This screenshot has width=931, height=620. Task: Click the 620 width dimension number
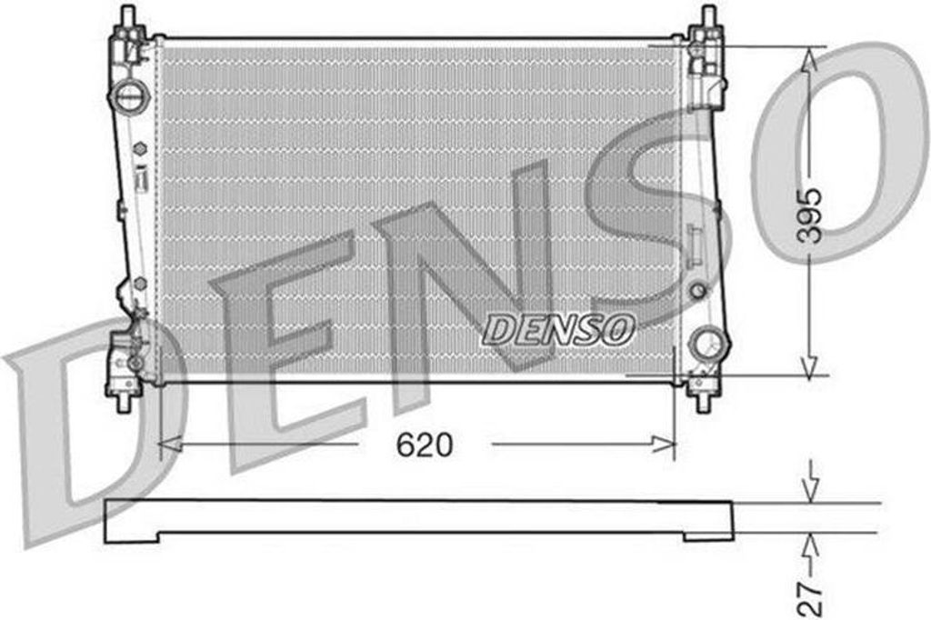pyautogui.click(x=423, y=445)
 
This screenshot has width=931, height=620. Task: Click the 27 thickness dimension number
pyautogui.click(x=810, y=599)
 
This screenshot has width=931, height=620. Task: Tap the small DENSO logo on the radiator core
pyautogui.click(x=558, y=329)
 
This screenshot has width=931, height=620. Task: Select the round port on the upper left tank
pyautogui.click(x=129, y=95)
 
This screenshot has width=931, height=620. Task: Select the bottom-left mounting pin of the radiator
pyautogui.click(x=124, y=402)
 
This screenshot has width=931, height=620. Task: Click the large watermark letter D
pyautogui.click(x=82, y=427)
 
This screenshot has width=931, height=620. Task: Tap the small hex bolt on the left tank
pyautogui.click(x=140, y=148)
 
